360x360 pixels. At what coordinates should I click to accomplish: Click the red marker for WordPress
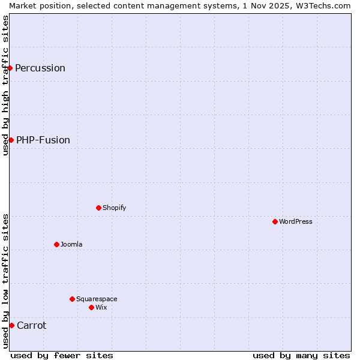tap(275, 221)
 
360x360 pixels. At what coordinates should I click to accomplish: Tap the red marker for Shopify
tap(98, 208)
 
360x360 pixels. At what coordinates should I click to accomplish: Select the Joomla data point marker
tap(56, 244)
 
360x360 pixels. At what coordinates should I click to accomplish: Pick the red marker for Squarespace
tap(72, 299)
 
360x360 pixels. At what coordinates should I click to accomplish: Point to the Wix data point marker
tap(91, 307)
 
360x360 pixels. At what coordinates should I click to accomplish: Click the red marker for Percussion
tap(10, 68)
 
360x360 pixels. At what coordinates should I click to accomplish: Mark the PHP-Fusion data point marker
tap(11, 140)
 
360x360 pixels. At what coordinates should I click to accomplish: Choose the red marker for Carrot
tap(11, 325)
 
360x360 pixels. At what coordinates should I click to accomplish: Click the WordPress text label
tap(296, 221)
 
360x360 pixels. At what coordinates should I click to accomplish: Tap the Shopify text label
tap(114, 208)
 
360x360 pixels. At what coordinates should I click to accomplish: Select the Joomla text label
tap(71, 244)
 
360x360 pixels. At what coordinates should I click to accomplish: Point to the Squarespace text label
tap(97, 299)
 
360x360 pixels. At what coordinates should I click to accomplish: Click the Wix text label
tap(101, 307)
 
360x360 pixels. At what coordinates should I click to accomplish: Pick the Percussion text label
tap(40, 68)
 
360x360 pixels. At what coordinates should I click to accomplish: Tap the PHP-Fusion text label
tap(43, 140)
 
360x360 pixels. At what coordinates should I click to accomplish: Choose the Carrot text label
tap(31, 325)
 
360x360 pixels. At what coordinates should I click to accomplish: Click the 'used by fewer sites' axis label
tap(62, 355)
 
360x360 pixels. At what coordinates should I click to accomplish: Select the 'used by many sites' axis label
tap(301, 355)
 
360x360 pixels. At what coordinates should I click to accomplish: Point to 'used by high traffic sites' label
tap(5, 85)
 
